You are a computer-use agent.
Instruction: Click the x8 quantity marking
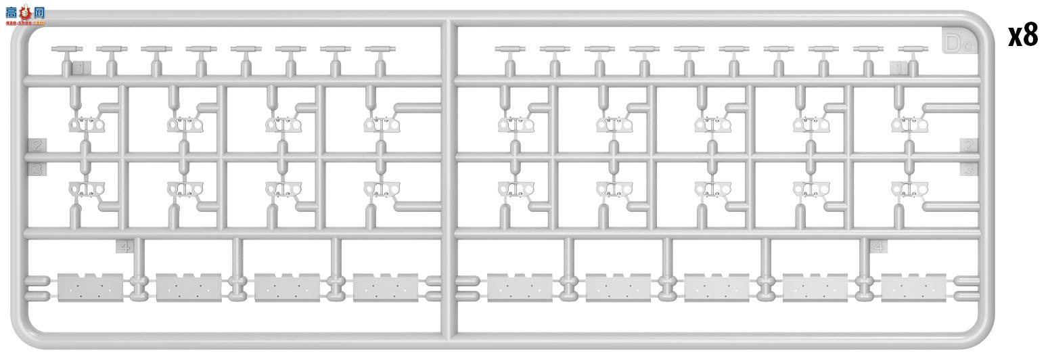(1022, 35)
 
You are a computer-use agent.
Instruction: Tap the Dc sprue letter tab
(958, 43)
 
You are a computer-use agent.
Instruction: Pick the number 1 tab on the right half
(898, 68)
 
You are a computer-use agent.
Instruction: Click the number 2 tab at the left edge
(37, 145)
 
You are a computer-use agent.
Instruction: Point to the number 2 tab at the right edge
(969, 145)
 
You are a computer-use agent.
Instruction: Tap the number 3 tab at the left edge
(37, 169)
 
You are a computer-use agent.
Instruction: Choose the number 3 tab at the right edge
(969, 169)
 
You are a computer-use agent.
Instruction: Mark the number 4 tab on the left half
(124, 246)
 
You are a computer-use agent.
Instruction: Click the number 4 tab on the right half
(878, 246)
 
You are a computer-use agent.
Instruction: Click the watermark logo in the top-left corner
(26, 15)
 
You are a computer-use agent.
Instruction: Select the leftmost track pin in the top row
(66, 49)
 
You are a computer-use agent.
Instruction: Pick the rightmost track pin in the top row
(913, 49)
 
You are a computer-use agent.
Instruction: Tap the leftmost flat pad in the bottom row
(91, 288)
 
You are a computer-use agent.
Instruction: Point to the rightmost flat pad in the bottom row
(913, 288)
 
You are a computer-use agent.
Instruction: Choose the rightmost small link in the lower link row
(909, 189)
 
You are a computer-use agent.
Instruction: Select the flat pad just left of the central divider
(386, 288)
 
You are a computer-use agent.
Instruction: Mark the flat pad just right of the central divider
(520, 288)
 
